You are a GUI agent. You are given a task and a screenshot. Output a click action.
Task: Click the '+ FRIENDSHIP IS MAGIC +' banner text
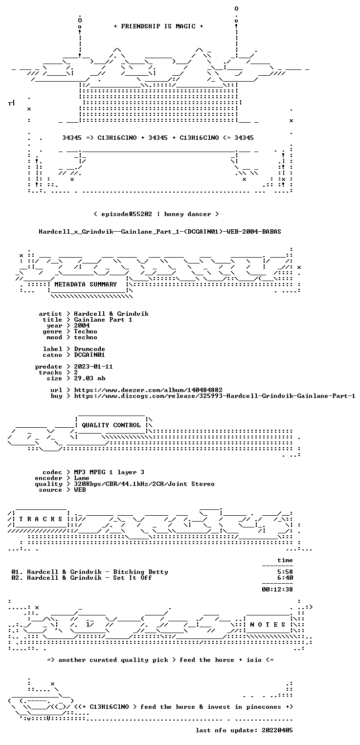point(158,26)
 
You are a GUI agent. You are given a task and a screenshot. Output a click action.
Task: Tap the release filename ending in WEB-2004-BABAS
point(160,232)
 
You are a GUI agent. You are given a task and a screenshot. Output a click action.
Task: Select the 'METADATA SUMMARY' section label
point(86,285)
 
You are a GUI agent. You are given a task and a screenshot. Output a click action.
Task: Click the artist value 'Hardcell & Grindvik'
point(111,314)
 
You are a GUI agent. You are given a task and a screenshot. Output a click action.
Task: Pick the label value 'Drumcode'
point(90,349)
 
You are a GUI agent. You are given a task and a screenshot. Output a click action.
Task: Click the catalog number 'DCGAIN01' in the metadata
point(90,355)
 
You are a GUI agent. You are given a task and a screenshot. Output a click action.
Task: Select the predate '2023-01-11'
point(93,367)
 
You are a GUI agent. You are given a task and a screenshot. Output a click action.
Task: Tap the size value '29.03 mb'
point(90,378)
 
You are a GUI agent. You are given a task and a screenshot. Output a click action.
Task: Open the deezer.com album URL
point(148,390)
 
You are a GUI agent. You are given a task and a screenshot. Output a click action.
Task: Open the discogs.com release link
point(215,396)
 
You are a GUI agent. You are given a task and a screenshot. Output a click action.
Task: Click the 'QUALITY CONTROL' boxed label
point(111,425)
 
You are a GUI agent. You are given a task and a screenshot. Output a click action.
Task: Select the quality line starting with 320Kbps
point(144,484)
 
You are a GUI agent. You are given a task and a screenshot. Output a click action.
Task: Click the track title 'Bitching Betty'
point(140,572)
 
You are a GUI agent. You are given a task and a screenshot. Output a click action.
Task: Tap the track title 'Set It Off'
point(133,578)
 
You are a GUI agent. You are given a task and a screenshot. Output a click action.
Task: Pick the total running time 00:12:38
point(277,590)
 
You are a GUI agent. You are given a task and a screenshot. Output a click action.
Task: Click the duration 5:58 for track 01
point(285,572)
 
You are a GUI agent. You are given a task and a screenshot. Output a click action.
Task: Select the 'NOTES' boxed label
point(268,625)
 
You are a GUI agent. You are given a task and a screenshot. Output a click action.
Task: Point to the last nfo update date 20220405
point(277,730)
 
